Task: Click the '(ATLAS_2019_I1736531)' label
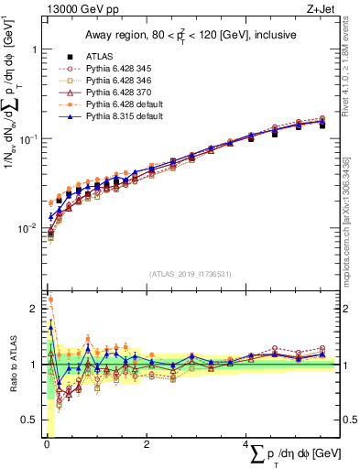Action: click(x=190, y=273)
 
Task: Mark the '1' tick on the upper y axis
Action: click(x=35, y=49)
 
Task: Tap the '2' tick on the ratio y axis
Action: click(x=35, y=309)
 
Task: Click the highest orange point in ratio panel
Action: click(x=49, y=299)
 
